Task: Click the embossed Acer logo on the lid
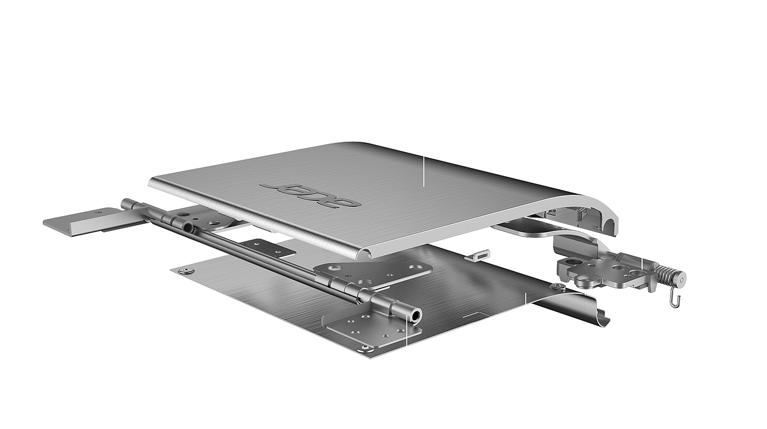click(x=311, y=195)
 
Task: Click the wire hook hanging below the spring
click(x=674, y=299)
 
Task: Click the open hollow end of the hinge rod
click(x=416, y=315)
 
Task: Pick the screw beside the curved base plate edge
click(x=558, y=286)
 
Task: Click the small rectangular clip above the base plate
click(x=477, y=254)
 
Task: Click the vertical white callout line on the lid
click(x=423, y=171)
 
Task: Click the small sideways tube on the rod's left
click(x=188, y=227)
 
